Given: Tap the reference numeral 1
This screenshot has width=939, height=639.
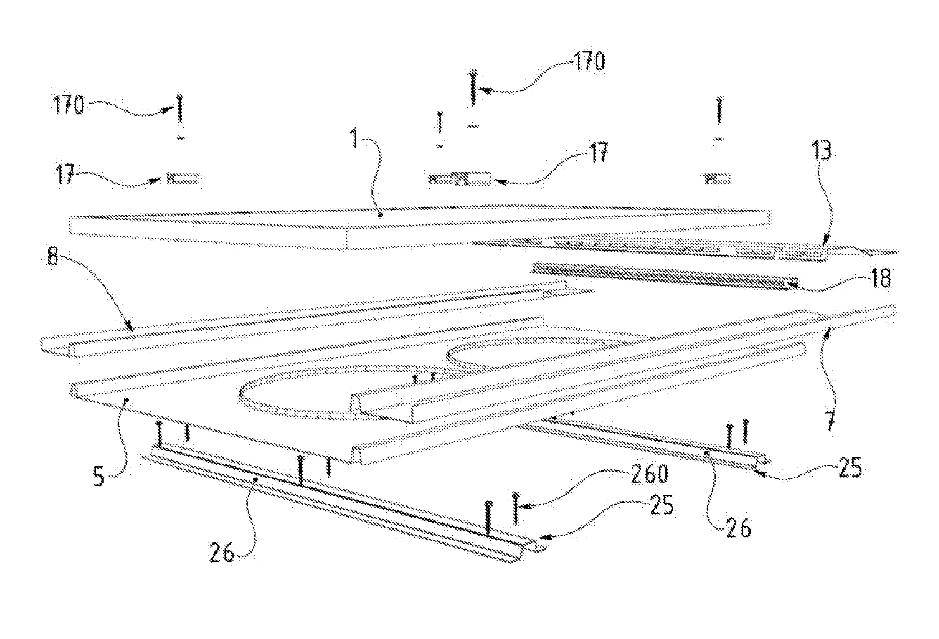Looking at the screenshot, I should coord(355,139).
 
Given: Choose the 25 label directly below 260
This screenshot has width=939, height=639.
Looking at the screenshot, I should coord(660,505).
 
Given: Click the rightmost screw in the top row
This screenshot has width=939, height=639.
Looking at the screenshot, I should coord(720,109).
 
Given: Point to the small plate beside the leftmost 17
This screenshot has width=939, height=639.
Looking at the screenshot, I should coord(184,179).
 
